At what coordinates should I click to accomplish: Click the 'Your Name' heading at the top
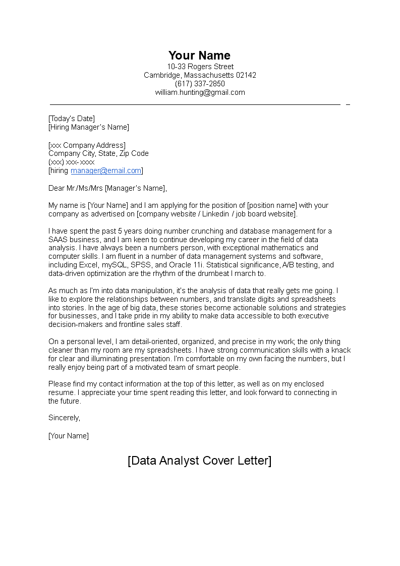(199, 55)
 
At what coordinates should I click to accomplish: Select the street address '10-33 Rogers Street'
(200, 67)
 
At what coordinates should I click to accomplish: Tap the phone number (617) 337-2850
(200, 84)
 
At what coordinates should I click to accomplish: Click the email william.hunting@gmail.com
(200, 92)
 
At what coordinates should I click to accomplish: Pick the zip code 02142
(246, 75)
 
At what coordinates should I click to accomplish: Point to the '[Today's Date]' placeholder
(72, 119)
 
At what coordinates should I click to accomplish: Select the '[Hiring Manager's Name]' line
(89, 127)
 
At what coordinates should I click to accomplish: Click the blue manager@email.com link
(106, 171)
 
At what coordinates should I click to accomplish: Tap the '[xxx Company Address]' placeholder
(87, 145)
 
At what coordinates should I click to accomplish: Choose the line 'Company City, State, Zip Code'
(98, 153)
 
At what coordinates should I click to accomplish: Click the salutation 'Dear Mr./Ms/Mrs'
(76, 188)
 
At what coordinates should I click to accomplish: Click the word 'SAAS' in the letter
(58, 240)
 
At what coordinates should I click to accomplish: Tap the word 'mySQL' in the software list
(113, 265)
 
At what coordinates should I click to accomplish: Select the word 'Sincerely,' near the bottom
(64, 418)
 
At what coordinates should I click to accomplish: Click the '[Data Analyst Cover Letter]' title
(199, 461)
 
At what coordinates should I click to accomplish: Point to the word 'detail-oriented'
(152, 342)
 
